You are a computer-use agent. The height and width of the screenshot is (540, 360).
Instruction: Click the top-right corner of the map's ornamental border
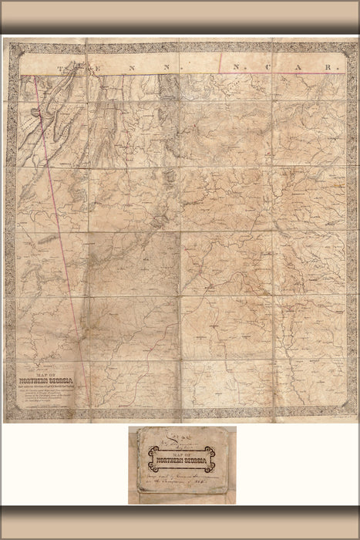(x=348, y=46)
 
